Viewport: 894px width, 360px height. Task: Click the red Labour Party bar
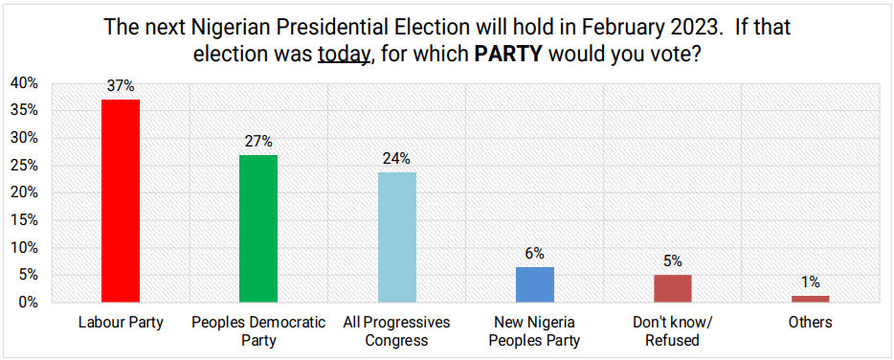[121, 200]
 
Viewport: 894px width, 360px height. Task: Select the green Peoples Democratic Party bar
[257, 228]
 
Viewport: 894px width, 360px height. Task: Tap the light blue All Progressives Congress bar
[396, 236]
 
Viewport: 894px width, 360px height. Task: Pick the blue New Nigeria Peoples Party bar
[534, 284]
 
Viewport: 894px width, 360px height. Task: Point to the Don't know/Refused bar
[672, 288]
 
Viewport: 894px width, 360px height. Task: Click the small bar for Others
[810, 299]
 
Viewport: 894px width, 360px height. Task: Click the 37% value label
[121, 86]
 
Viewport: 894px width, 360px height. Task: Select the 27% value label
[258, 142]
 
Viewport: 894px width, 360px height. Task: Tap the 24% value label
[396, 158]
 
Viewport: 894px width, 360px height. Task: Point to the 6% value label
[534, 254]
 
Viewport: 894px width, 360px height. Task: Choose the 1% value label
[810, 282]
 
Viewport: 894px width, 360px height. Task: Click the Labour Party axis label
[121, 323]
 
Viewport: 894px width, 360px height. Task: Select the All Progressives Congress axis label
[396, 330]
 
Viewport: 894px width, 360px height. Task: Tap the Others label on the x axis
[810, 323]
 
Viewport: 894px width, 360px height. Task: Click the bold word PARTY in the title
[508, 55]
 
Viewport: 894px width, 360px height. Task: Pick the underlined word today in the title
[344, 55]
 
